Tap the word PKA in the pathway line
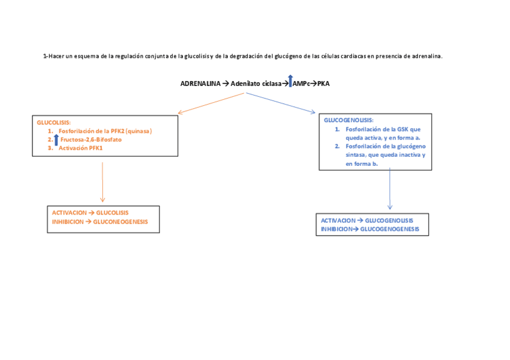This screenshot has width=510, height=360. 324,84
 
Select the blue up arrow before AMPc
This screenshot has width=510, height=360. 290,81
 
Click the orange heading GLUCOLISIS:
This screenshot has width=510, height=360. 54,122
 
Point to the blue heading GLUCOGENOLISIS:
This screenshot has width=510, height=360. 348,120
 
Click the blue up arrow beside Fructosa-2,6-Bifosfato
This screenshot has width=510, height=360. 56,139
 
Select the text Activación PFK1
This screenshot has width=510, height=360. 81,148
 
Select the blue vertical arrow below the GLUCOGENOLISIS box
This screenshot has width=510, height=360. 390,189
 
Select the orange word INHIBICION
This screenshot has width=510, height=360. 67,221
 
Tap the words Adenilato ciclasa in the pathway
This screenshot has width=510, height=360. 256,84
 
